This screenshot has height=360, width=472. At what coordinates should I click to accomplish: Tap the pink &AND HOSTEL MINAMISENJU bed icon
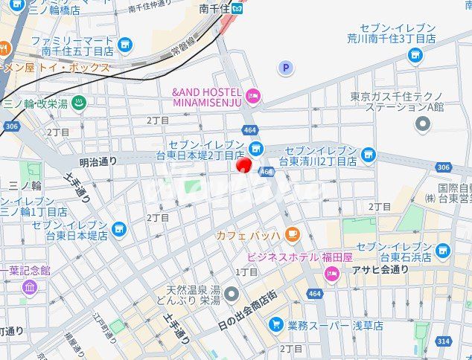(253, 94)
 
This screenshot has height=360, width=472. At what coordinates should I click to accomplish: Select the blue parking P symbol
(285, 68)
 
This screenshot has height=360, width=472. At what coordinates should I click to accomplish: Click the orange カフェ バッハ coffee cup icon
(292, 235)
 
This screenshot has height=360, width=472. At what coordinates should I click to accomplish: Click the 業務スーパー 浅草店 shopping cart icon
(276, 324)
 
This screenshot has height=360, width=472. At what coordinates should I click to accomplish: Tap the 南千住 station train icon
(237, 9)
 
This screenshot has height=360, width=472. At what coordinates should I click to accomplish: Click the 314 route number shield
(444, 340)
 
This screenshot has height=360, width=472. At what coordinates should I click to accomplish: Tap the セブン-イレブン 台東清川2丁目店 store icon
(368, 154)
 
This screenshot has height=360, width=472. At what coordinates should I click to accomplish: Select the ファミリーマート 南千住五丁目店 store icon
(125, 45)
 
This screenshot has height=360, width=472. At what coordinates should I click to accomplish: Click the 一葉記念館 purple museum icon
(30, 286)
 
